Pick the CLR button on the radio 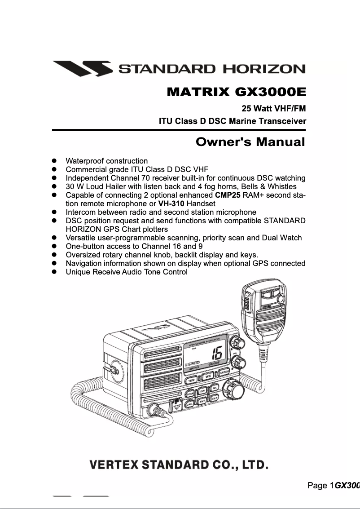[215, 398]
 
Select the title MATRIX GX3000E [236, 93]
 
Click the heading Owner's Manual [250, 142]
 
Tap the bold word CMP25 [228, 195]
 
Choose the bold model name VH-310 [171, 204]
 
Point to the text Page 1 [320, 485]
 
